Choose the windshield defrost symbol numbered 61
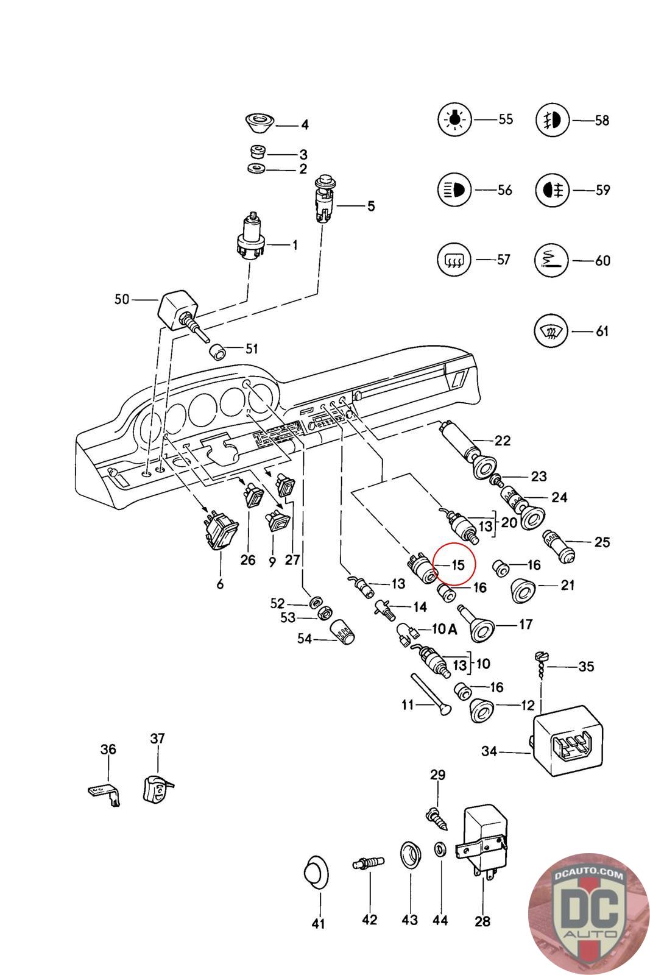(551, 331)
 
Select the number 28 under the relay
(482, 921)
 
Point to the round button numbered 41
(316, 873)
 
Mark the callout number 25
(601, 542)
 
